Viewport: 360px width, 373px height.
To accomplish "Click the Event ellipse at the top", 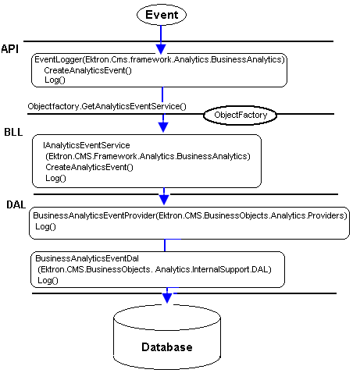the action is pos(162,15).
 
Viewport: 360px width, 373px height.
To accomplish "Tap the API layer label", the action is pos(10,49).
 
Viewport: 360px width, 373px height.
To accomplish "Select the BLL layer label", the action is pos(13,132).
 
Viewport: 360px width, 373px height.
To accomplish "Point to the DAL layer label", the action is pos(16,204).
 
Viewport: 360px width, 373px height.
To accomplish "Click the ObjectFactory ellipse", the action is pos(240,115).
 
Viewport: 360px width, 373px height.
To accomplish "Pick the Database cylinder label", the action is pos(167,347).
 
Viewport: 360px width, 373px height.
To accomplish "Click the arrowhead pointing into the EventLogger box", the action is pos(161,49).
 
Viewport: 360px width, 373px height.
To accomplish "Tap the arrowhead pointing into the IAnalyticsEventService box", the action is pos(163,127).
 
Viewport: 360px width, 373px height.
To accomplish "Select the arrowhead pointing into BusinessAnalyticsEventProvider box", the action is pos(164,200).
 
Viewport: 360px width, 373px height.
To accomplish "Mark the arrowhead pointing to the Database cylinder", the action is pos(167,298).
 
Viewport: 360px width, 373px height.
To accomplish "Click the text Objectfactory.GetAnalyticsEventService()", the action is pos(107,107).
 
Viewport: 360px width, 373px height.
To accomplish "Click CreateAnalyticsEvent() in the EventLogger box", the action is pos(88,70).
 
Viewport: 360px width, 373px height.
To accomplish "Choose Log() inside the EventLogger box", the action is pos(55,80).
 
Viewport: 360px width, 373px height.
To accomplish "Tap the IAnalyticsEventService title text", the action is pos(87,145).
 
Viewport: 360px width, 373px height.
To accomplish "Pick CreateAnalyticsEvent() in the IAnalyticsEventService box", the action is pos(89,167).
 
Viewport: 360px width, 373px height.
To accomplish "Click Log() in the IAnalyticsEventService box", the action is pos(55,178).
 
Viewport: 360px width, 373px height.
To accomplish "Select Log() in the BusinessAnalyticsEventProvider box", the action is pos(45,226).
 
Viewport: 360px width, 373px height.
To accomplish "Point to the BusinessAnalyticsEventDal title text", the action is pos(87,258).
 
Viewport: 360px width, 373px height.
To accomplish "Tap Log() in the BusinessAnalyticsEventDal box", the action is pos(48,280).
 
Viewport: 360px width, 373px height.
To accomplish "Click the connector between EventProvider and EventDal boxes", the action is pos(165,245).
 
